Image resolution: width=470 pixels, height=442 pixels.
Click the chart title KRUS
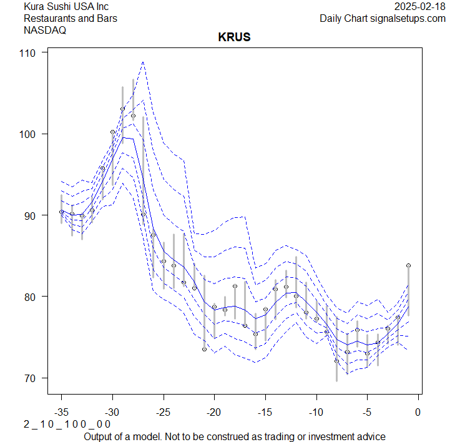234,37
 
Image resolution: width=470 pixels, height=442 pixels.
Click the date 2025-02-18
420,7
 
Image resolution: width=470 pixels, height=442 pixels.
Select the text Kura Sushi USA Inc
66,7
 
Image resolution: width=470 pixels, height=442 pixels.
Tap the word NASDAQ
45,29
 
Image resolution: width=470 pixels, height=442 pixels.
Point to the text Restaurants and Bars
70,18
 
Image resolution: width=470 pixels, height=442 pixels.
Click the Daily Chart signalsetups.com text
383,18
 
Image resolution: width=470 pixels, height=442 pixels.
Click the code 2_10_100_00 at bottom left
67,425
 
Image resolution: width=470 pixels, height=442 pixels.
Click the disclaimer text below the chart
234,436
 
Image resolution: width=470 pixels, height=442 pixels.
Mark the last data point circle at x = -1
408,265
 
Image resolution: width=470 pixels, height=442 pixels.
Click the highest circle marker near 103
123,109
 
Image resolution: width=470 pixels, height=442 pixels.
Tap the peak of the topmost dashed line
143,62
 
